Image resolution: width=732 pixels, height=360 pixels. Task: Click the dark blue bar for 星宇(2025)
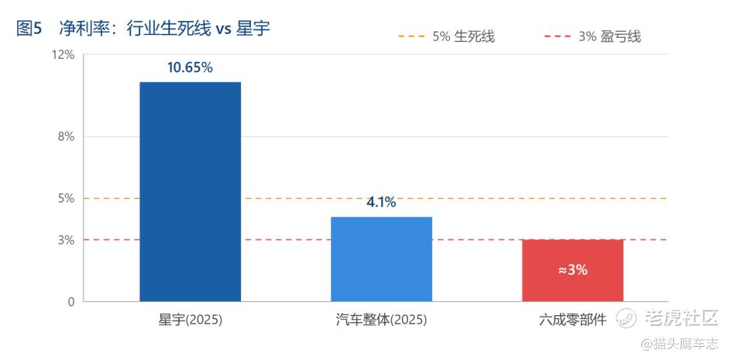(x=191, y=192)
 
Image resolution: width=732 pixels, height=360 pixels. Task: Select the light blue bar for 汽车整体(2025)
(x=381, y=259)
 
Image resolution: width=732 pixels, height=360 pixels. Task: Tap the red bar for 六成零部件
(x=572, y=270)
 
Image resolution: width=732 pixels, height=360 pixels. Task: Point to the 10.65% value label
(x=190, y=67)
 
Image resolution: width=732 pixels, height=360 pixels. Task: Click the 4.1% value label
(x=381, y=202)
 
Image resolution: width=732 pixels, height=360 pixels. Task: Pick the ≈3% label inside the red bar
(x=572, y=270)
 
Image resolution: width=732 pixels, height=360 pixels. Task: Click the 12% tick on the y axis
(x=65, y=55)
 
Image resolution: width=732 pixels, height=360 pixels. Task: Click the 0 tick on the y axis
(x=71, y=302)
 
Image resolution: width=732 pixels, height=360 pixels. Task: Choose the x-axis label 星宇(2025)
(x=190, y=321)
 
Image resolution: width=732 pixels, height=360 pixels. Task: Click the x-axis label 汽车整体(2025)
(x=381, y=321)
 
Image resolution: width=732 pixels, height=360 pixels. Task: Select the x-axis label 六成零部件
(x=572, y=321)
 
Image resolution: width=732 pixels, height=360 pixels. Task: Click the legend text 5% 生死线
(x=463, y=36)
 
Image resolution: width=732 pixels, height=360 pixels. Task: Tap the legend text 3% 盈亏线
(x=610, y=36)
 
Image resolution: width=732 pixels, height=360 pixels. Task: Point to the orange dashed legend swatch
(x=411, y=36)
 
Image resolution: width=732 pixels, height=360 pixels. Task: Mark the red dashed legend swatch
(x=558, y=36)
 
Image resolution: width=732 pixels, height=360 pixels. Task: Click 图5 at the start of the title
(x=29, y=29)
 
